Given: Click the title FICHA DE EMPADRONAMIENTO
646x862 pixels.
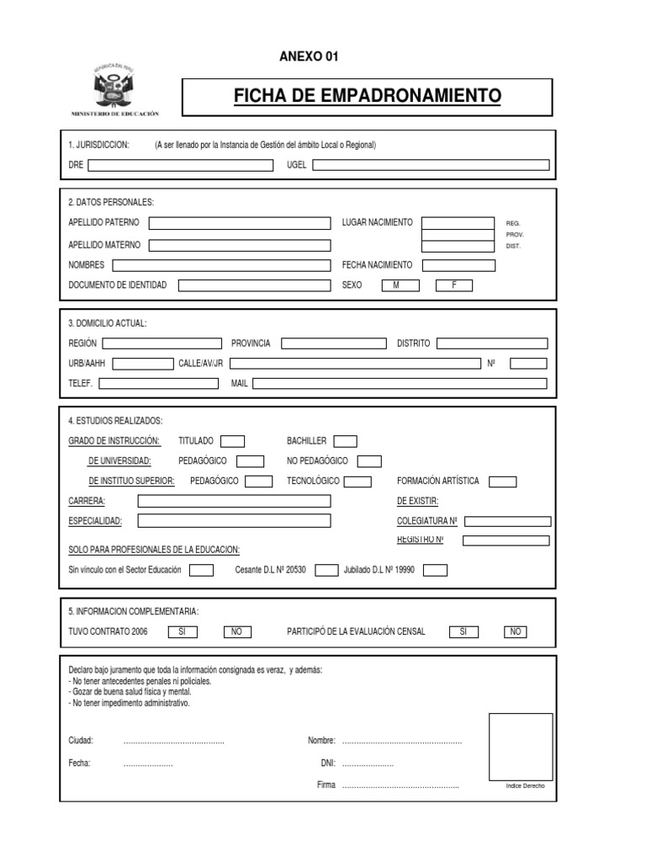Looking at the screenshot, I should click(368, 97).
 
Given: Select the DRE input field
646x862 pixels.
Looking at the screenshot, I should click(181, 166).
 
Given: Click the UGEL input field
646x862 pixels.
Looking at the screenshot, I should click(431, 166).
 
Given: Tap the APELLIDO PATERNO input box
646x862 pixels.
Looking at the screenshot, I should click(240, 223).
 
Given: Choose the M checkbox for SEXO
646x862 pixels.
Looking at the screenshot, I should click(395, 285).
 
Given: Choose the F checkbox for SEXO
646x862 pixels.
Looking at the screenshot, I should click(454, 285).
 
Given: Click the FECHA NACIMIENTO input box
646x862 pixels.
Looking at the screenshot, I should click(458, 265).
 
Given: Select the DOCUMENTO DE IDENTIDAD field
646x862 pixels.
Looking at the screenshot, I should click(254, 285).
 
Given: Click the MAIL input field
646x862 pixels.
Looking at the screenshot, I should click(400, 384).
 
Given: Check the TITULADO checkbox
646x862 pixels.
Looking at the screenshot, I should click(232, 441).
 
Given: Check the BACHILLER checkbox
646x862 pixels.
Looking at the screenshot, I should click(345, 441).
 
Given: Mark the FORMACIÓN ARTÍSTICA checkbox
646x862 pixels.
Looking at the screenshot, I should click(503, 482).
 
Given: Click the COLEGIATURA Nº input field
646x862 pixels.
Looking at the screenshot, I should click(507, 521).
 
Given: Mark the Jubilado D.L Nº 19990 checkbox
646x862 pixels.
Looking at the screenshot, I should click(435, 571).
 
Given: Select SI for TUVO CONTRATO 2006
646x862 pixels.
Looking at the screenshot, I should click(183, 632).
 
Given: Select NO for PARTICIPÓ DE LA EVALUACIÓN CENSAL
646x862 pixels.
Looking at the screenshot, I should click(516, 632).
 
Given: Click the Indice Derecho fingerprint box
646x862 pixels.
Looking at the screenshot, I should click(521, 747).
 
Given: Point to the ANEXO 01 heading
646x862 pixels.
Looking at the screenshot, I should click(308, 56).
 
